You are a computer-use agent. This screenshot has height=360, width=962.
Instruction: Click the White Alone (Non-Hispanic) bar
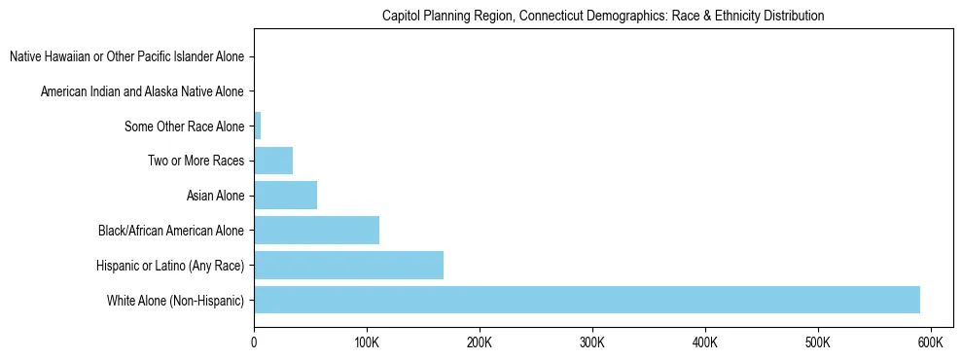pos(587,300)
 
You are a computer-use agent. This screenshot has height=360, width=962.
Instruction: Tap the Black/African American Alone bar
pos(316,231)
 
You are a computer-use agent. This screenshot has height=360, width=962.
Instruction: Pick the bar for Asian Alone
pos(285,196)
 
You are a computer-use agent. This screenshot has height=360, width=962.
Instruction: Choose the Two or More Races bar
pos(273,161)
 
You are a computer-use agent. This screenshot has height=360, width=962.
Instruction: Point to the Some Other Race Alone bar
pos(258,126)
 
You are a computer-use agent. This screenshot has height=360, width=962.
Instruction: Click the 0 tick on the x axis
pos(254,342)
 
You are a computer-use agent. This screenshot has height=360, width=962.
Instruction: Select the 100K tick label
pos(367,342)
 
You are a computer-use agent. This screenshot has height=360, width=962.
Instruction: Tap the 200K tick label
pos(480,342)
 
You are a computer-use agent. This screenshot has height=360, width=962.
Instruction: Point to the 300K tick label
pos(592,342)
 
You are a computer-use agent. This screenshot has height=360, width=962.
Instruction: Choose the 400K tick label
pos(705,342)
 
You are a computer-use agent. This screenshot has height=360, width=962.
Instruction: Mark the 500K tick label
pos(818,342)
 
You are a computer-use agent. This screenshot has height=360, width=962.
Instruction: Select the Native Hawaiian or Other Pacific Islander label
pos(126,56)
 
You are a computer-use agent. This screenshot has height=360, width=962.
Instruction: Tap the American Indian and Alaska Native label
pos(142,91)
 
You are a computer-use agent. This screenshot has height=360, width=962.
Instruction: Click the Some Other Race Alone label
pos(185,126)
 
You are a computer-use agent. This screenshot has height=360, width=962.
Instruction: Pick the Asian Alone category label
pos(215,197)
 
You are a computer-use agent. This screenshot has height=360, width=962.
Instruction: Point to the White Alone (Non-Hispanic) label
pos(176,301)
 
